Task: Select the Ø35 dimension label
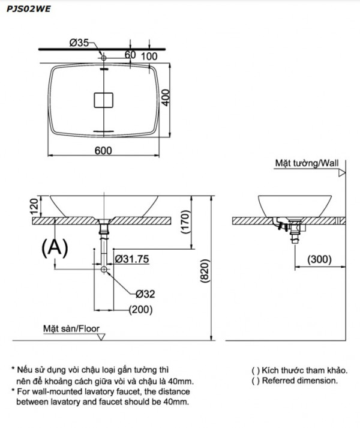79,43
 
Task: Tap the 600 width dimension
103,150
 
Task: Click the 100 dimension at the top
149,56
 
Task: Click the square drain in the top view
104,99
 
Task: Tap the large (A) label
55,247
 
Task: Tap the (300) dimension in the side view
318,259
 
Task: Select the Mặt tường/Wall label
306,163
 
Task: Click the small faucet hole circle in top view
104,58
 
